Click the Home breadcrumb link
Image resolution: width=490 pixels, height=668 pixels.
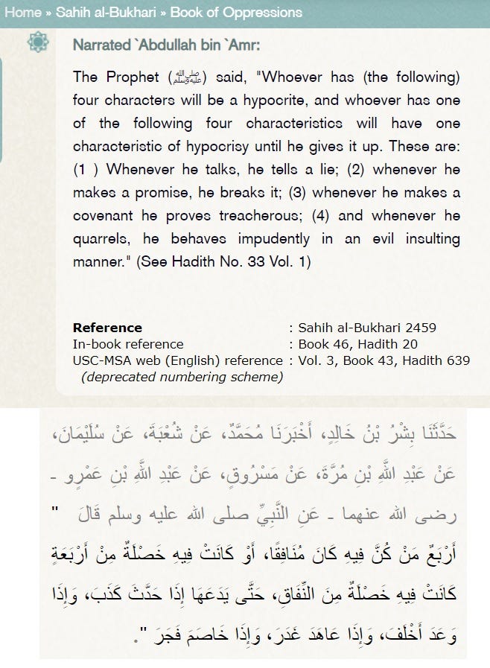[x=21, y=13]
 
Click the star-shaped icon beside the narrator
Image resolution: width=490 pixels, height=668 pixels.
[x=38, y=42]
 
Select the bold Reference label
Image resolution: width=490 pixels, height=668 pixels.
[x=107, y=328]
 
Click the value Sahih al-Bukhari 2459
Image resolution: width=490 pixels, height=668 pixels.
[x=366, y=328]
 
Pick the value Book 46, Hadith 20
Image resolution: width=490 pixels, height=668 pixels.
[x=357, y=344]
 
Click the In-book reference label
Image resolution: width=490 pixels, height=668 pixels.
[x=128, y=344]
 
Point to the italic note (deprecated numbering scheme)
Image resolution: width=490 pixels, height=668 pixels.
[x=182, y=377]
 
